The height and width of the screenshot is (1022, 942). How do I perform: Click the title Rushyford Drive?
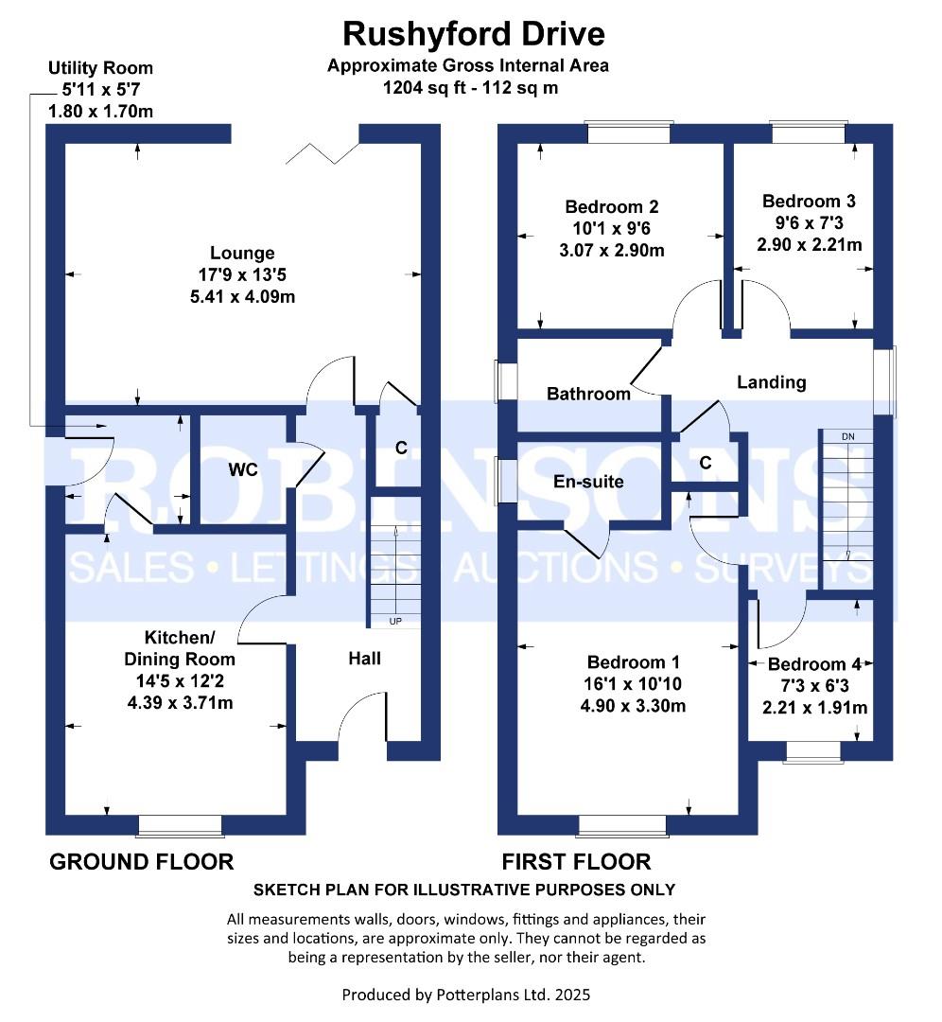473,34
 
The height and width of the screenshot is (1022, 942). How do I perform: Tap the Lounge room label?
242,253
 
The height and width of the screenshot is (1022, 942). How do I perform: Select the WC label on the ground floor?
242,469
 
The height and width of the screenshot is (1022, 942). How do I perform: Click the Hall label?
364,657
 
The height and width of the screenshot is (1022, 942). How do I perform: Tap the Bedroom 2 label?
611,206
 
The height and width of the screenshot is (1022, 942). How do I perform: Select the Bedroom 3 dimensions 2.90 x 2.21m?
809,244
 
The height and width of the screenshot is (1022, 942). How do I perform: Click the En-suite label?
588,482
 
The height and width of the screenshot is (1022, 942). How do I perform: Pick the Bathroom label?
588,394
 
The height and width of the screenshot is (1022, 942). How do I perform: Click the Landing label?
772,382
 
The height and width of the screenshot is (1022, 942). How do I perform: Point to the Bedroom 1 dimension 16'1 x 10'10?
633,683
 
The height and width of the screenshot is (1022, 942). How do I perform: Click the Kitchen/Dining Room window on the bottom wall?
180,826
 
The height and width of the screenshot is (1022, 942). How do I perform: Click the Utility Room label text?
100,68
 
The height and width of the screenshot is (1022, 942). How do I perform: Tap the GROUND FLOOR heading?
141,861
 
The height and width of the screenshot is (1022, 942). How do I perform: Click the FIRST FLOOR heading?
576,861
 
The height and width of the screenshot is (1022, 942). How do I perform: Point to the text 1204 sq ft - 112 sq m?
469,88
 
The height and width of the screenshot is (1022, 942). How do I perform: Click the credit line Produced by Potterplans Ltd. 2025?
469,995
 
